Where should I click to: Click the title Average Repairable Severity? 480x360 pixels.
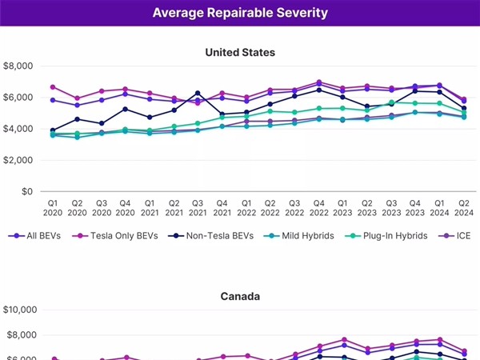(240, 14)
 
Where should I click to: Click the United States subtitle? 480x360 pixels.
(240, 52)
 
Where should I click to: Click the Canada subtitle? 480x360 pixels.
(240, 296)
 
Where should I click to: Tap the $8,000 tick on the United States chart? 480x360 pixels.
(19, 66)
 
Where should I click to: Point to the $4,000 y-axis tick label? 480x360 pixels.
(19, 129)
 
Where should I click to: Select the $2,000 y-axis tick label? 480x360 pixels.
(19, 160)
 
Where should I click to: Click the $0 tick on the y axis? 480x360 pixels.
(27, 191)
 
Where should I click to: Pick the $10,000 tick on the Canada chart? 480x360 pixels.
(22, 310)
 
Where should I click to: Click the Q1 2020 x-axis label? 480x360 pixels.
(53, 208)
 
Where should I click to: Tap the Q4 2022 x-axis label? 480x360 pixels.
(319, 208)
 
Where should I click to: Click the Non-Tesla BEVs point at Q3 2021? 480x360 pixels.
(198, 94)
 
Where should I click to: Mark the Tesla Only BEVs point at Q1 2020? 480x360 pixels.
(53, 86)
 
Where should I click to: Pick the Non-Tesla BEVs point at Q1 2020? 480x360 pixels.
(53, 130)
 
